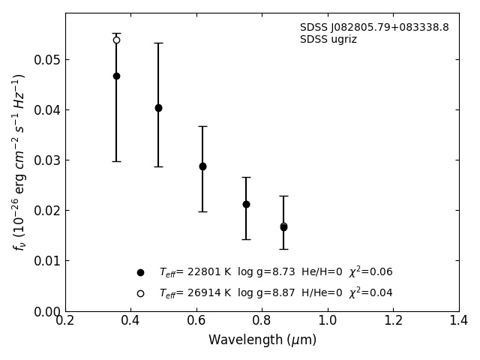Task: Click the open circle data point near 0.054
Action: click(116, 40)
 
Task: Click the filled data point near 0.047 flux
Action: click(116, 76)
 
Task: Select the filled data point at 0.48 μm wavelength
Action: click(158, 108)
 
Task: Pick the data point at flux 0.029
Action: click(202, 166)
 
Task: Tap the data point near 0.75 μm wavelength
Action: click(246, 204)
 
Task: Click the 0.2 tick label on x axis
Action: click(65, 321)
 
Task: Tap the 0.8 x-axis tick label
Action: click(262, 321)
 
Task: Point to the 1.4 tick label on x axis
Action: click(459, 321)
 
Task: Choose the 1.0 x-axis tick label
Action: click(328, 321)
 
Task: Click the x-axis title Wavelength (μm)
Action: click(262, 340)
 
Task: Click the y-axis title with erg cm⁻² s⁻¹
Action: click(19, 161)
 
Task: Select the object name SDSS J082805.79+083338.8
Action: click(374, 28)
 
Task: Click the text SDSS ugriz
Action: click(328, 40)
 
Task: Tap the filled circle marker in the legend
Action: click(140, 273)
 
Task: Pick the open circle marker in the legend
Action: click(140, 294)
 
